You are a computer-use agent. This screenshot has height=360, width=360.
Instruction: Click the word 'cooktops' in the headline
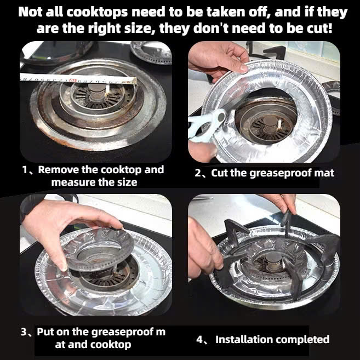96,12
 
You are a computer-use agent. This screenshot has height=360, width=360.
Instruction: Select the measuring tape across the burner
78,79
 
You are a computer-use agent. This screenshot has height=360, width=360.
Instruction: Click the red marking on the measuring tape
72,81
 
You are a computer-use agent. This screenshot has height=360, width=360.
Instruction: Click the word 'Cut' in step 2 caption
219,173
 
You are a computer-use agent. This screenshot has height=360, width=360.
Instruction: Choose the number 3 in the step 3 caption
24,332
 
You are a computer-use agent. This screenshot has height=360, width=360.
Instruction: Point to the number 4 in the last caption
199,340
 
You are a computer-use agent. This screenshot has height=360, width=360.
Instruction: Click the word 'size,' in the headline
134,28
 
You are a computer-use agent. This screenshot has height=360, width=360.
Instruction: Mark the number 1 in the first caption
25,170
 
